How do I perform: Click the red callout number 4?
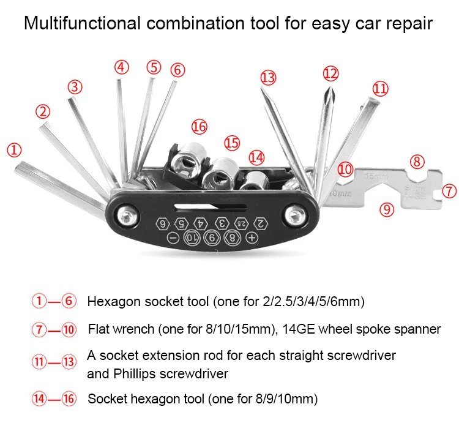pos(122,67)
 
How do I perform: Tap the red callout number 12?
pos(330,74)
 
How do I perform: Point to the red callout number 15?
pos(231,143)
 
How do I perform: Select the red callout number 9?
pos(385,209)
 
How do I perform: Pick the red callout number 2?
pos(42,111)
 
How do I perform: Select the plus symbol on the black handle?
pos(252,237)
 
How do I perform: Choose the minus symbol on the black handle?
pos(173,238)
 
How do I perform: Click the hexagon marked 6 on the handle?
pos(162,223)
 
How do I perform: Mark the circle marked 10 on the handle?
pos(193,238)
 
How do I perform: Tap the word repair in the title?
pos(409,24)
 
